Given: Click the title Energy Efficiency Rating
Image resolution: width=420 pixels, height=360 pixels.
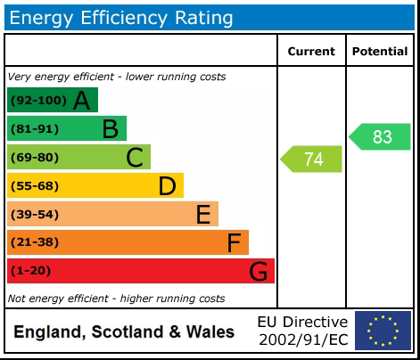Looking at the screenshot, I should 121,17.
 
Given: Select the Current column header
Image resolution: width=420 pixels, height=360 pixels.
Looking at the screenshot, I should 311,52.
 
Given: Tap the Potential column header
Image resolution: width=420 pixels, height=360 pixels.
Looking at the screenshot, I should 380,52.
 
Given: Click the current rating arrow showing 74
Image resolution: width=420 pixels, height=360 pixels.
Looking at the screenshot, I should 312,159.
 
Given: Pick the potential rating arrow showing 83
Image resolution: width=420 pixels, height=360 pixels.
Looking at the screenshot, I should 381,137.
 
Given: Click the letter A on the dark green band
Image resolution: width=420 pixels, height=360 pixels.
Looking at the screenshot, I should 81,101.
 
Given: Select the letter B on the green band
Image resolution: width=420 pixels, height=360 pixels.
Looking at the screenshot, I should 110,129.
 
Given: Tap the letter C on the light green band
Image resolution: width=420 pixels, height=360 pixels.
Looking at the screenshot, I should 135,158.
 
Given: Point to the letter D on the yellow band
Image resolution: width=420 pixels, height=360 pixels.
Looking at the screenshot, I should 167,186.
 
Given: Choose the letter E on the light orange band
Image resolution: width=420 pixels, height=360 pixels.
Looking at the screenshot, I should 202,215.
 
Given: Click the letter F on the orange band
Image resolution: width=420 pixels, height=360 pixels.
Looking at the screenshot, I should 234,242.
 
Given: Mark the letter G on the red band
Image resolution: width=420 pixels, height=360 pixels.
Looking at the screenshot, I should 258,271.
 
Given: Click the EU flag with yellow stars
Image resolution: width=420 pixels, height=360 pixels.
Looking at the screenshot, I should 383,331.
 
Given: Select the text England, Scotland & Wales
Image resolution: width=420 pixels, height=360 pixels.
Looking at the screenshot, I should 124,332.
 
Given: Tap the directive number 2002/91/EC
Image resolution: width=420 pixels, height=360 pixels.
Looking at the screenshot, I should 302,340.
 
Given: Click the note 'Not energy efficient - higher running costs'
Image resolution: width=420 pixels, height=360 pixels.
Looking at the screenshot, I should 116,299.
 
